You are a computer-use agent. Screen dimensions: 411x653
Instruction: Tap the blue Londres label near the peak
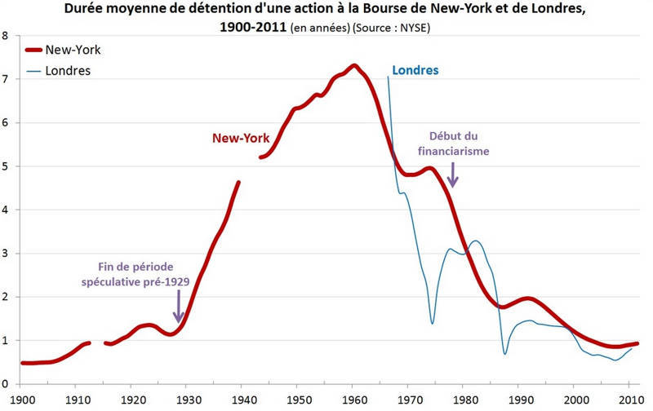pos(415,70)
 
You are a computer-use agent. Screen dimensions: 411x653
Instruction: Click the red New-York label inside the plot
pos(242,139)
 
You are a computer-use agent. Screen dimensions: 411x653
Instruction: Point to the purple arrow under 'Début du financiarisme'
pos(453,174)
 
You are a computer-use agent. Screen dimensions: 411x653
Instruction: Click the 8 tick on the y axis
pos(6,37)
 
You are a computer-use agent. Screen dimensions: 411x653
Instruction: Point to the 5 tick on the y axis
pos(6,167)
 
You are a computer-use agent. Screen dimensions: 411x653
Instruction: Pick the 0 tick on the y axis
pos(6,384)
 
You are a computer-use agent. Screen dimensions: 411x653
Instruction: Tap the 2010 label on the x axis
pos(629,399)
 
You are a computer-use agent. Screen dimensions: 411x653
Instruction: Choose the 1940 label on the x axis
pos(242,399)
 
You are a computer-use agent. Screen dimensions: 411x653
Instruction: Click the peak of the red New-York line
pos(354,65)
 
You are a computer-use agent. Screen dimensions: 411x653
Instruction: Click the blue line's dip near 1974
pos(432,324)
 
